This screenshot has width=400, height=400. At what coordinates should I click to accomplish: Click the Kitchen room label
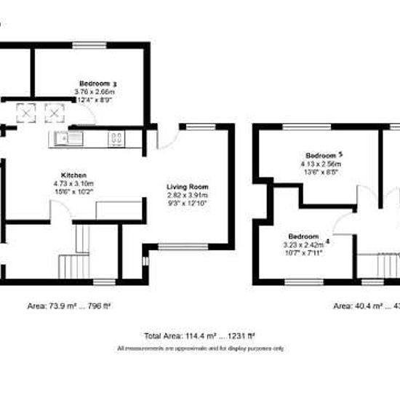pyautogui.click(x=74, y=176)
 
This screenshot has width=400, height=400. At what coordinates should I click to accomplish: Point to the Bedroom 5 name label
pyautogui.click(x=322, y=156)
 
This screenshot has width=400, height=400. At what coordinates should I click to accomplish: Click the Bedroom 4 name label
pyautogui.click(x=305, y=237)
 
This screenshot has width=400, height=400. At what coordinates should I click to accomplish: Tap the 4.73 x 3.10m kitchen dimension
pyautogui.click(x=74, y=184)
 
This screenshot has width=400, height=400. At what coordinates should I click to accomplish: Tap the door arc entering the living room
pyautogui.click(x=166, y=140)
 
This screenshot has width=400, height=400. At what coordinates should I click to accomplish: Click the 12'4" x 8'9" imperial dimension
pyautogui.click(x=95, y=100)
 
